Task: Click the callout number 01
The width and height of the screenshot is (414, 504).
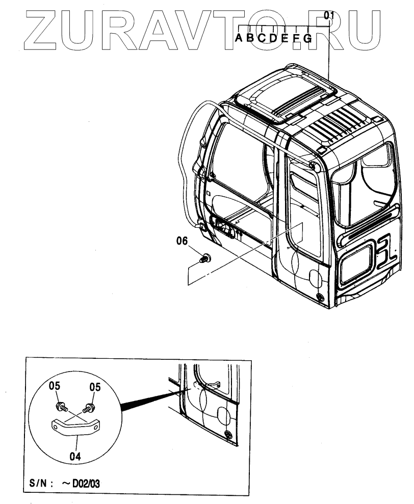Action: click(x=328, y=16)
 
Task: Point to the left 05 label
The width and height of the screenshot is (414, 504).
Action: click(x=55, y=387)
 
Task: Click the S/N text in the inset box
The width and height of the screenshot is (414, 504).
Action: click(x=39, y=483)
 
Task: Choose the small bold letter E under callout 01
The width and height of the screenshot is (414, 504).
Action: click(x=285, y=38)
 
